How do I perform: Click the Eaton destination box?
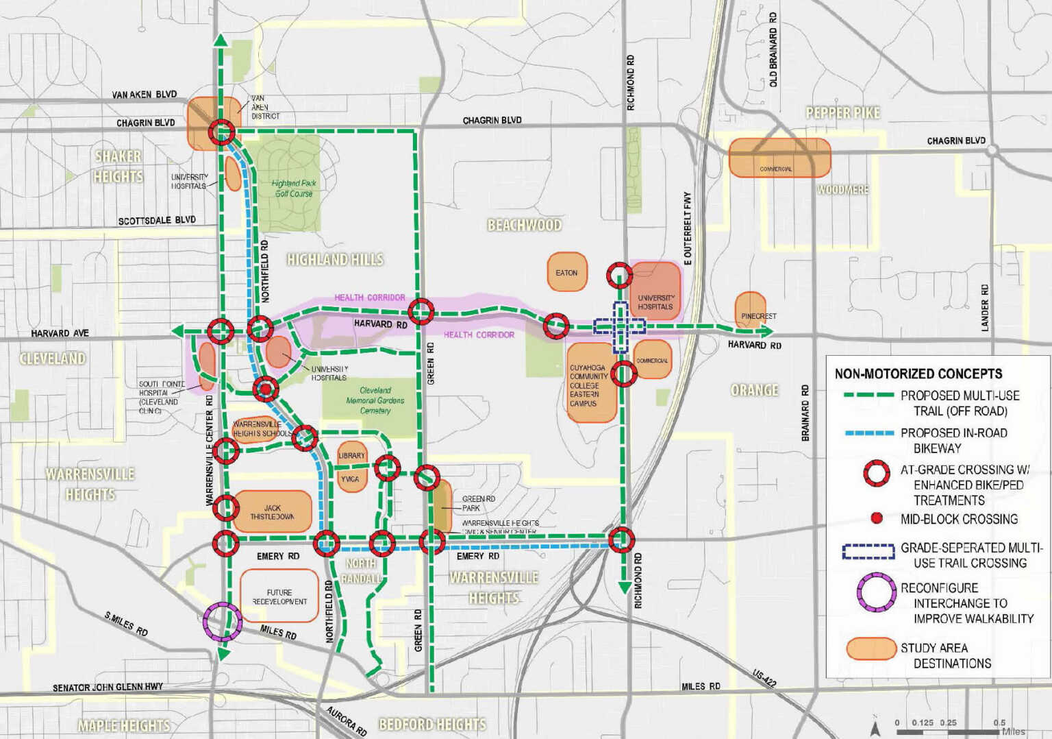point(566,272)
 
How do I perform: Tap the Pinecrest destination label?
point(758,316)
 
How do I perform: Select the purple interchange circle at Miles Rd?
point(223,621)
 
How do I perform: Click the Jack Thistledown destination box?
point(272,511)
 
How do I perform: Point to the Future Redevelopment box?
point(279,596)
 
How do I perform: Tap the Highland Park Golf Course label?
point(294,188)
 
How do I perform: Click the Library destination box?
point(351,455)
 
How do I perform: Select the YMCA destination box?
point(350,479)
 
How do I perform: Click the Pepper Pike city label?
point(842,112)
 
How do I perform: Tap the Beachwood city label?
point(524,225)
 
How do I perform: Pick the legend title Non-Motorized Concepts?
point(918,374)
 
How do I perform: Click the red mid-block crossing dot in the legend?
point(876,518)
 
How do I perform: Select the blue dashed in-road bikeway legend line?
point(868,433)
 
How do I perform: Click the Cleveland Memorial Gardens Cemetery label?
point(375,400)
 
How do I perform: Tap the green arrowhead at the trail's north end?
point(221,39)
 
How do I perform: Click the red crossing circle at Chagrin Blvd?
point(221,132)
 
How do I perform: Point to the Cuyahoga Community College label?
point(588,385)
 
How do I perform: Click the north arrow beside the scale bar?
point(875,728)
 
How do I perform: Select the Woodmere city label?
point(842,189)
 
